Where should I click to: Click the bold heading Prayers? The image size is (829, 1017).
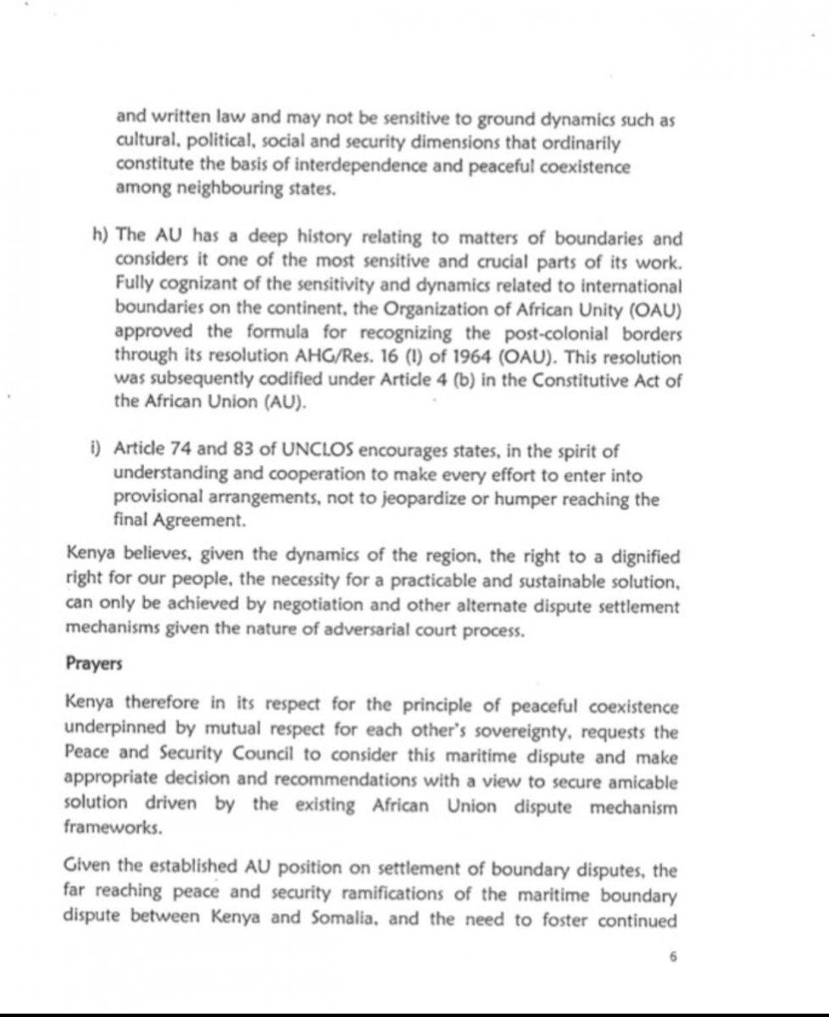point(94,664)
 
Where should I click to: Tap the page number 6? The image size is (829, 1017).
point(676,959)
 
